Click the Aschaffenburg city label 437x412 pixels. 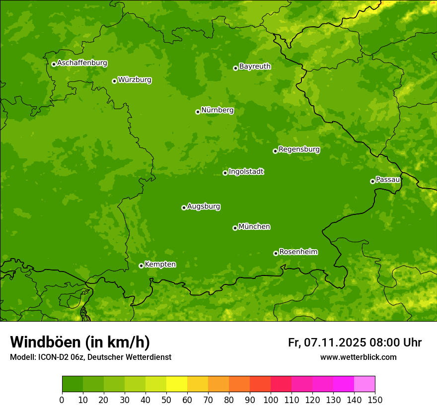coord(82,63)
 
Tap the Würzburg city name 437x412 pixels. coord(135,80)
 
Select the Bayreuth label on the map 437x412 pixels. coord(255,67)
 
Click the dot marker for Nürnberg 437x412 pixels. coord(198,112)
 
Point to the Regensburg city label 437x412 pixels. coord(299,149)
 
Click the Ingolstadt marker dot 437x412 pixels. coord(225,173)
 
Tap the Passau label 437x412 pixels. coord(388,180)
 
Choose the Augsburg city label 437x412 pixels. coord(204,206)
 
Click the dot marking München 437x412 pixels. coord(235,228)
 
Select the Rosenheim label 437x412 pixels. coord(298,252)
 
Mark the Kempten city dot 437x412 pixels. coord(141,266)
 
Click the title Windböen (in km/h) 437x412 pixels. coord(79,342)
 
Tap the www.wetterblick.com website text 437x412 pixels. coord(358,357)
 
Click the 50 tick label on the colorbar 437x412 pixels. coord(166,400)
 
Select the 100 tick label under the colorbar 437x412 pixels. coord(271,400)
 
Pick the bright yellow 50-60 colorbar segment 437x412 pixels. coord(177,384)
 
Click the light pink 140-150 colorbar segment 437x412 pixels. coord(364,384)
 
